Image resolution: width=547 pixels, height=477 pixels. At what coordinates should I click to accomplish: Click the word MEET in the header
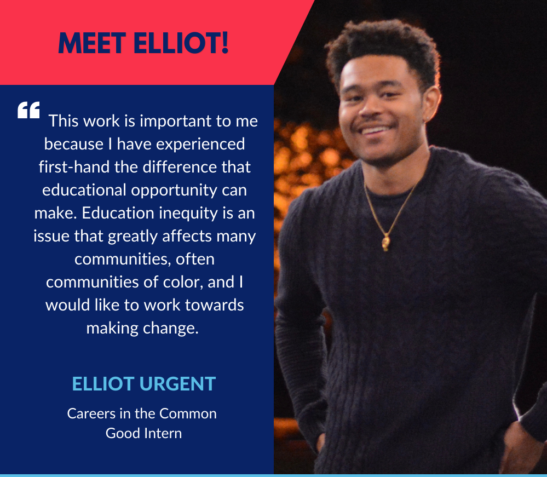pyautogui.click(x=92, y=43)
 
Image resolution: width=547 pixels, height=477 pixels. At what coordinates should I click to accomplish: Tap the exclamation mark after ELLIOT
pyautogui.click(x=224, y=43)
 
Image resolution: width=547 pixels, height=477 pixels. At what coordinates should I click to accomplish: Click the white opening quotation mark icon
pyautogui.click(x=28, y=110)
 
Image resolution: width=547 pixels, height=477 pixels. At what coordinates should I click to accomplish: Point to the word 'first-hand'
pyautogui.click(x=74, y=167)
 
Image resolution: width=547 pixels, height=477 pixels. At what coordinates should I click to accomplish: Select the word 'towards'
pyautogui.click(x=214, y=305)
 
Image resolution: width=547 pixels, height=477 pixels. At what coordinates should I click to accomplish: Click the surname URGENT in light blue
pyautogui.click(x=177, y=384)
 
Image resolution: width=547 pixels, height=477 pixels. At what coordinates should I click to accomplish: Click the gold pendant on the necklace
pyautogui.click(x=386, y=242)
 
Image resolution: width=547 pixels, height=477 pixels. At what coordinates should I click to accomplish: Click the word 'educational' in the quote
pyautogui.click(x=84, y=190)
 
